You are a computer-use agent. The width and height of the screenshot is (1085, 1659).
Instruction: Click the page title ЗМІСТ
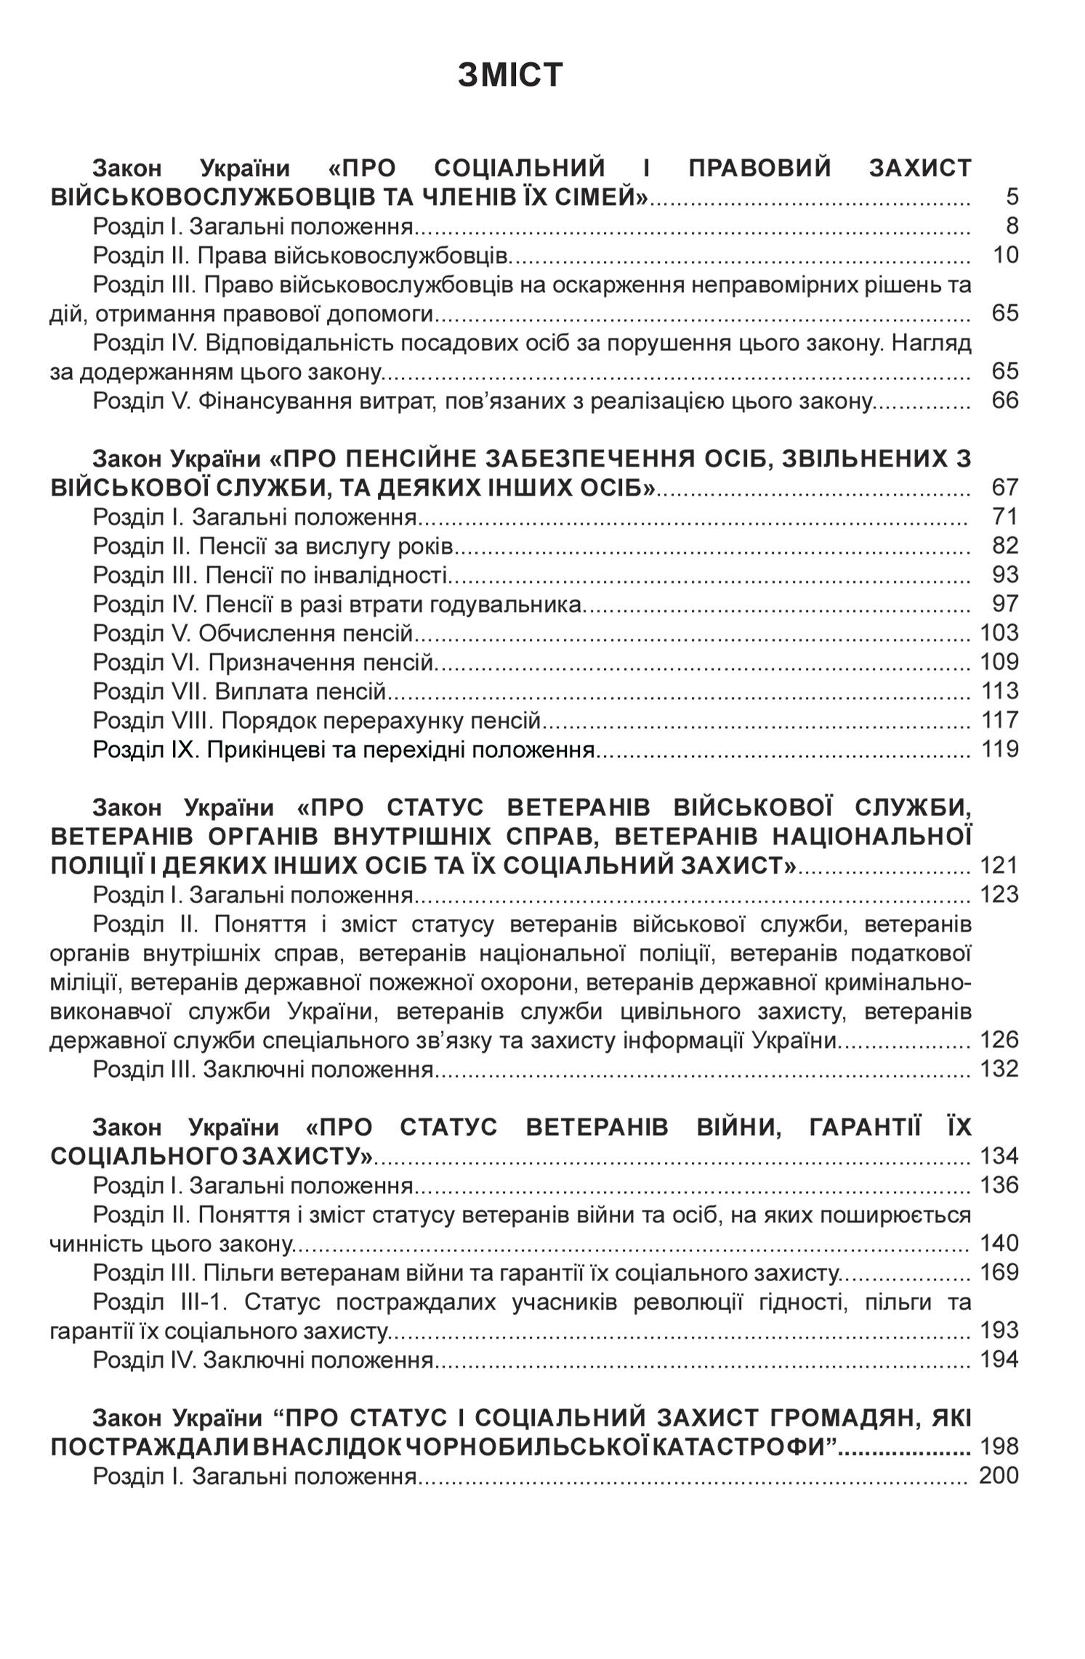[x=510, y=75]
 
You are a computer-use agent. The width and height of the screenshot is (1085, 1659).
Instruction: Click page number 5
[x=1012, y=197]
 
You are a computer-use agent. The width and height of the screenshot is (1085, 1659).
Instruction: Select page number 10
[x=1005, y=255]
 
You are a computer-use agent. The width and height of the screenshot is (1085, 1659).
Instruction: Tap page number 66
[x=1005, y=400]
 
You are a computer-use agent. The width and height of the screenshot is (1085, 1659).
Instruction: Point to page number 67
[x=1005, y=488]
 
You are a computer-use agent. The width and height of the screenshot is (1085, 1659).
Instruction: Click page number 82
[x=1005, y=546]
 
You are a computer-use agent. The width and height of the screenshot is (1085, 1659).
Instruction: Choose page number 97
[x=1005, y=604]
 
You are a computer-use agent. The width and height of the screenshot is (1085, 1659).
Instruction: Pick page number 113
[x=1000, y=691]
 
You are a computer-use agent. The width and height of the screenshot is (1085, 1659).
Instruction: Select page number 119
[x=1000, y=749]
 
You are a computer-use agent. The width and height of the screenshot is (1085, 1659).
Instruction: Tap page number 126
[x=999, y=1040]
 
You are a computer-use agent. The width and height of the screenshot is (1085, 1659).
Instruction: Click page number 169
[x=999, y=1272]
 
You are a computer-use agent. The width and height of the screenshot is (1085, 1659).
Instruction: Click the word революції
[x=687, y=1301]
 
